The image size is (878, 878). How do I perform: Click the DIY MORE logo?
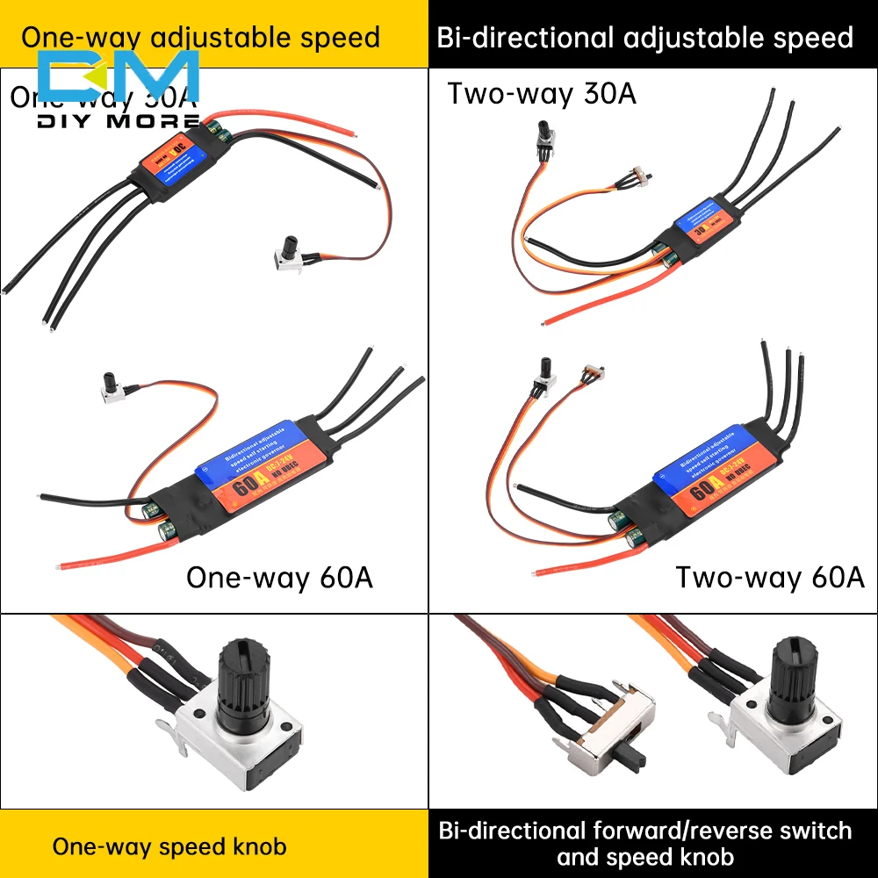(119, 88)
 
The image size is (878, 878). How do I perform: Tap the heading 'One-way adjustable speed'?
(200, 38)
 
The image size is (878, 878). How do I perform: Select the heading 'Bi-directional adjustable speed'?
(644, 38)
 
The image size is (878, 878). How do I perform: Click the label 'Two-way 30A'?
(542, 93)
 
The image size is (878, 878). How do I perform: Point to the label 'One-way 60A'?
(279, 578)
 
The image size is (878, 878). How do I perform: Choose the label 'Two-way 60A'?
(769, 577)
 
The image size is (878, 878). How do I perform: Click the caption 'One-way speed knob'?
(169, 846)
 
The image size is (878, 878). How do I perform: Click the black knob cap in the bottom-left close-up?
(238, 675)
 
